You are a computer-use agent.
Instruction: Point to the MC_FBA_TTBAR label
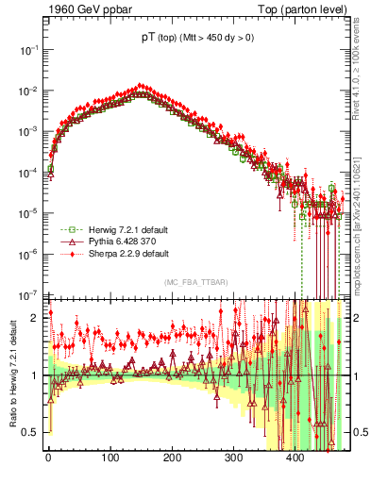tap(194, 282)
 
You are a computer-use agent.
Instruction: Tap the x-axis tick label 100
tap(110, 459)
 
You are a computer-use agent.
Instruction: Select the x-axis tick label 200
tap(172, 459)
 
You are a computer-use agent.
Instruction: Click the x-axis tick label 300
tap(233, 459)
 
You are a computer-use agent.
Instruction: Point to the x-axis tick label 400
tap(295, 459)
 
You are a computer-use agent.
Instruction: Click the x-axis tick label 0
tap(48, 459)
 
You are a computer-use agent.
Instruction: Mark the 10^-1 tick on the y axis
tap(28, 48)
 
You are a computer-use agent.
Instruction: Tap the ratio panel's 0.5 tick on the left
tap(32, 432)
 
